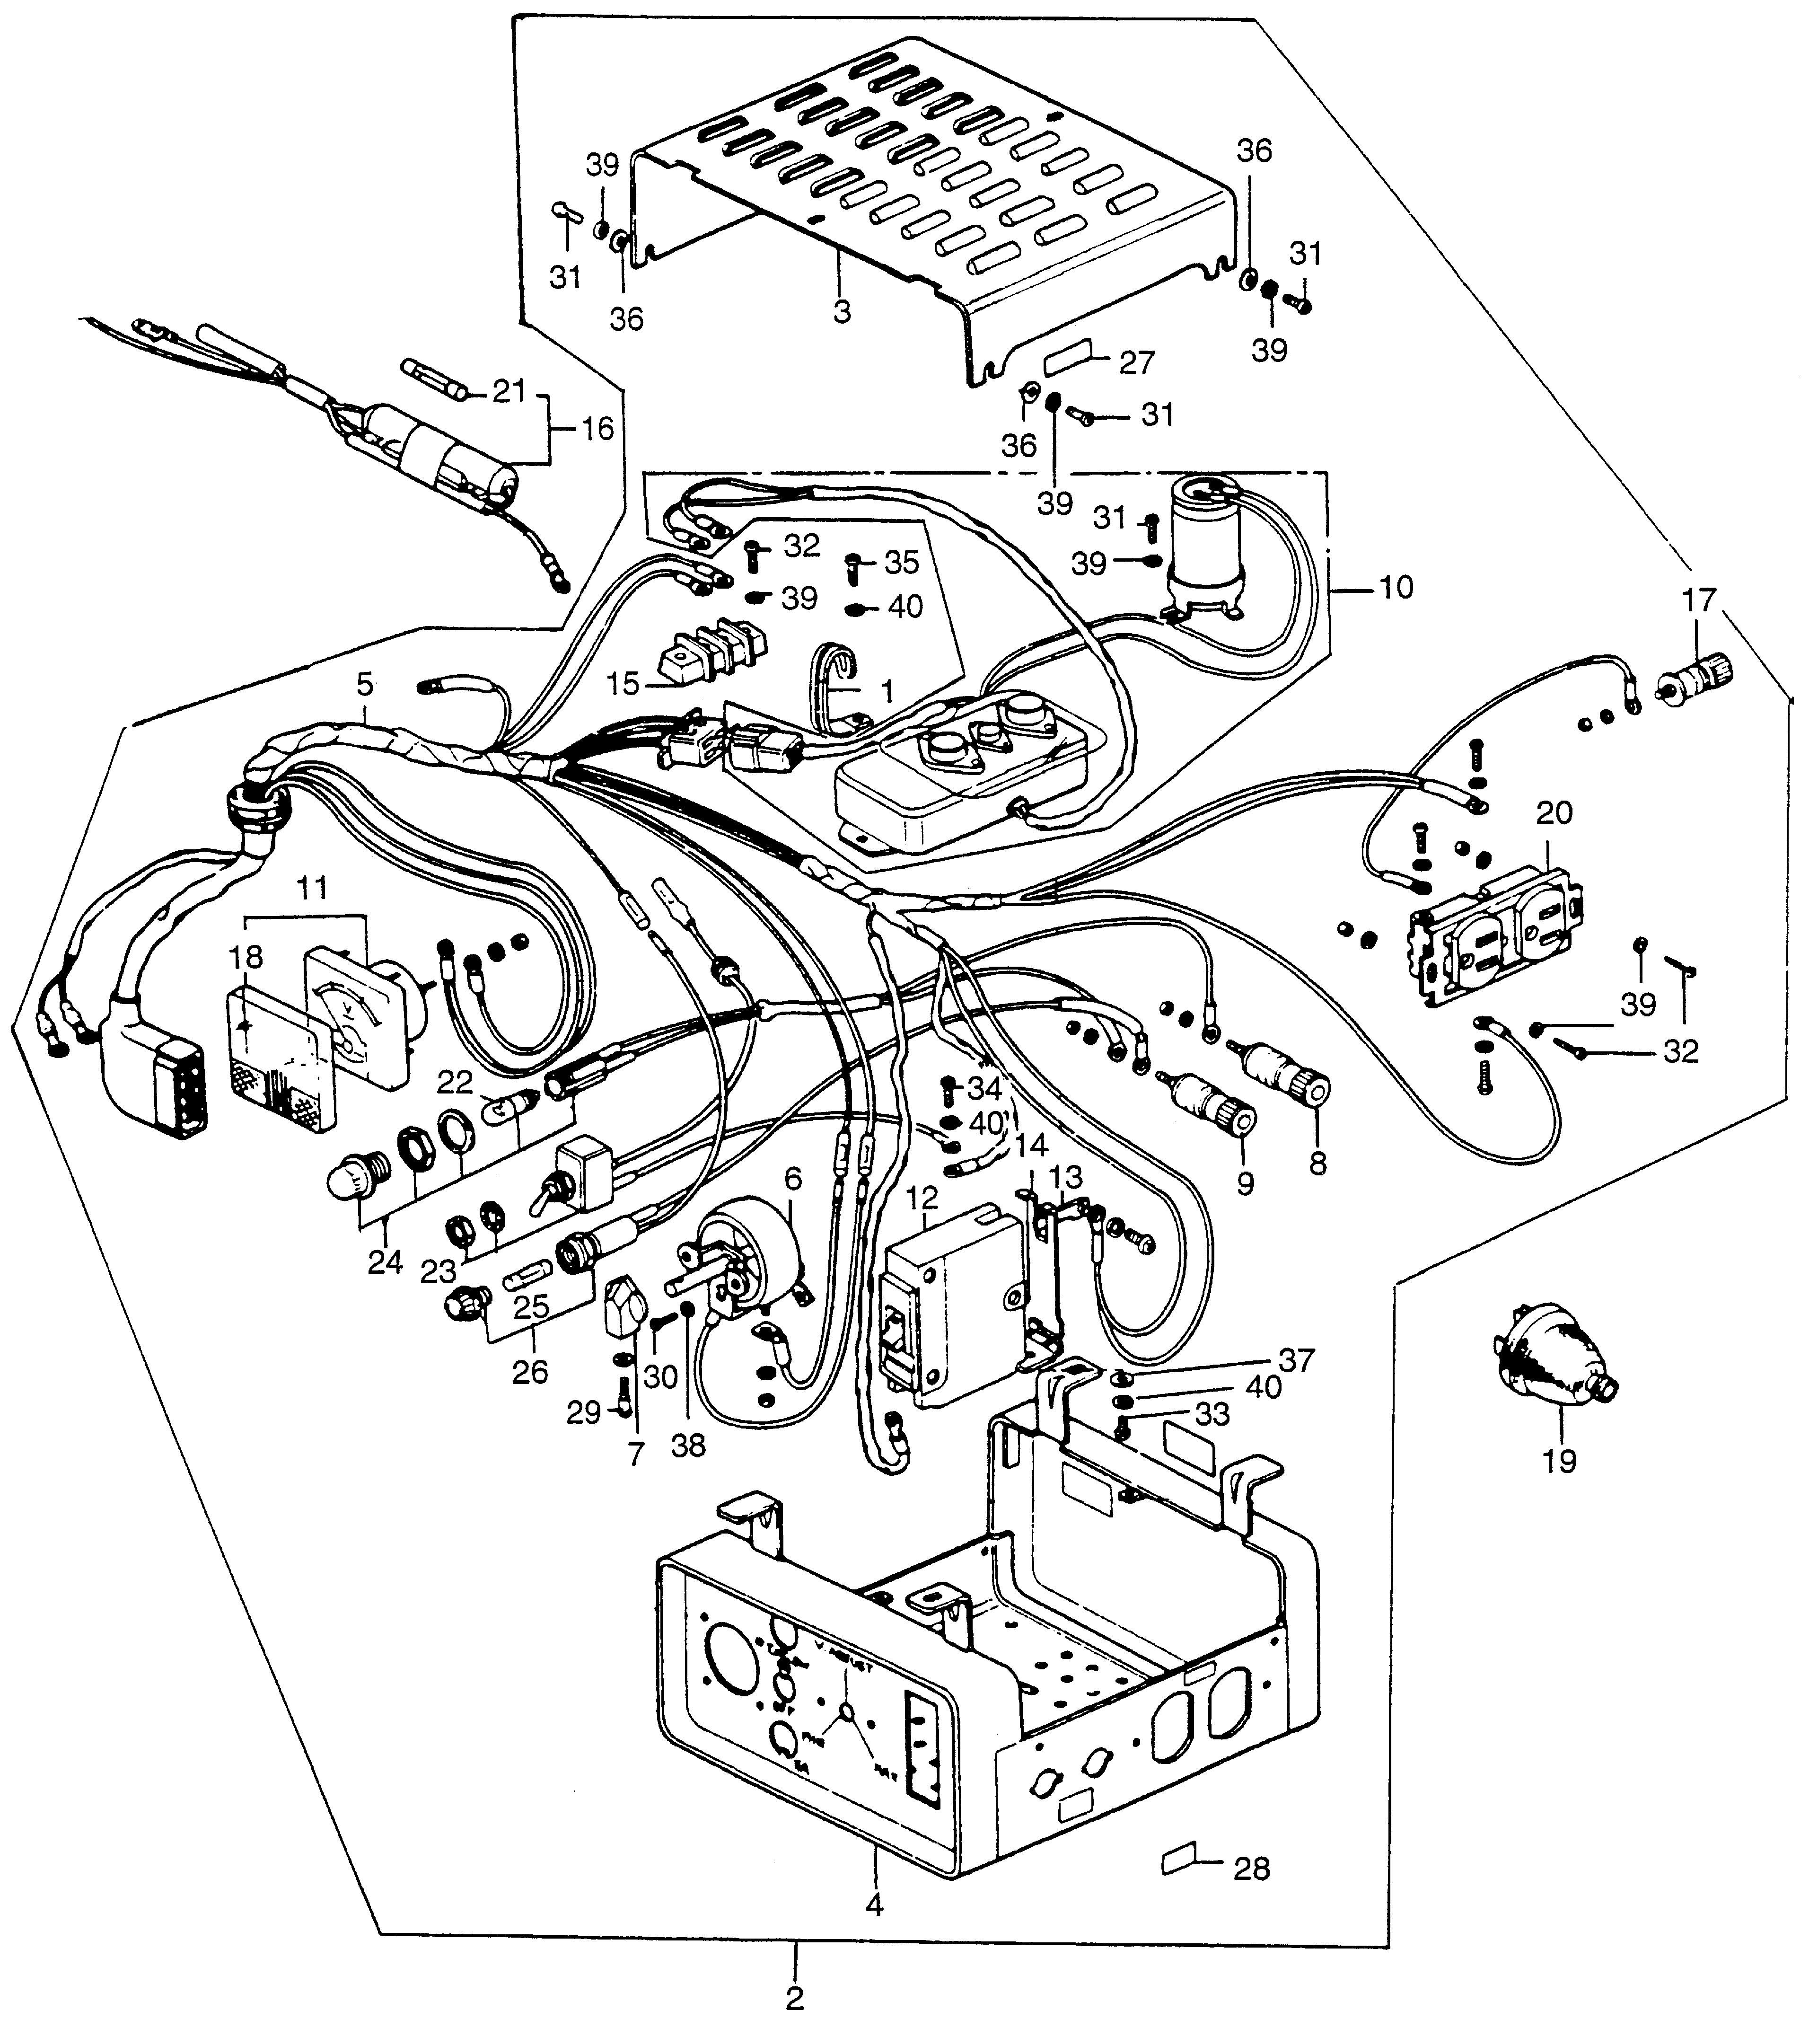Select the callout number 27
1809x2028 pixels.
point(1136,363)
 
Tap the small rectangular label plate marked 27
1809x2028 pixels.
point(1069,353)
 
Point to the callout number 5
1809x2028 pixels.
point(365,684)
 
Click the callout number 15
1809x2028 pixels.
point(623,685)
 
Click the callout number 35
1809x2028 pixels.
point(902,563)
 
